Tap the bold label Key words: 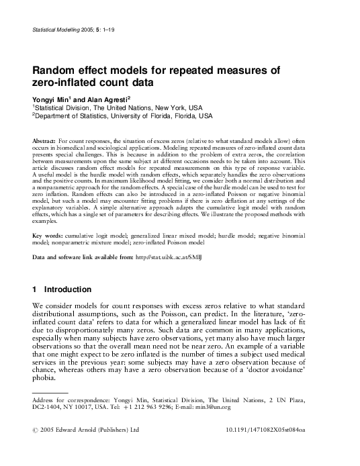[x=47, y=236]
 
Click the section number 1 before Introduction [x=34, y=289]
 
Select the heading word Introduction [x=68, y=289]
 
